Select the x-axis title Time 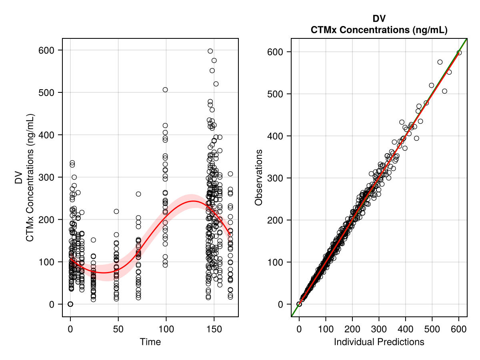[x=150, y=342]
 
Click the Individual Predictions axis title [x=379, y=342]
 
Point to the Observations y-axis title [x=259, y=178]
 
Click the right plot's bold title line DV [x=379, y=19]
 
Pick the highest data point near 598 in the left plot [x=210, y=51]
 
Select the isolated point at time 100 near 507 [x=165, y=90]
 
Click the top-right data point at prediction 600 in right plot [x=459, y=52]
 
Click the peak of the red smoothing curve [x=193, y=201]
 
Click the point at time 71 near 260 [x=138, y=194]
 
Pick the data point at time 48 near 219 [x=116, y=211]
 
